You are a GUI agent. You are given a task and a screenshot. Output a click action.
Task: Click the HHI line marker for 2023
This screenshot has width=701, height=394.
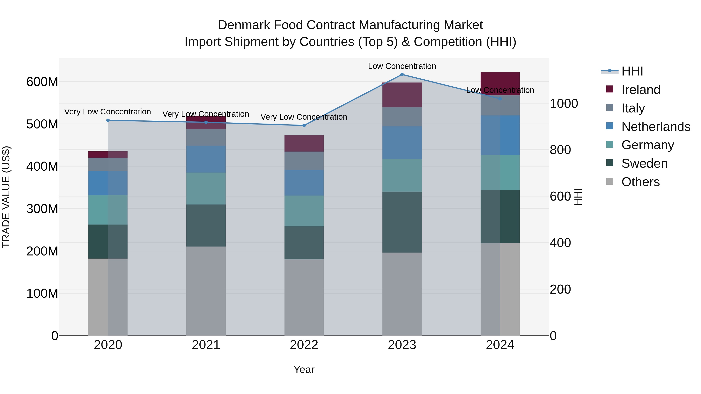[402, 75]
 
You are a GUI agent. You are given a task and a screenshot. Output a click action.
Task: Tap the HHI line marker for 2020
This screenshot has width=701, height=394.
[108, 120]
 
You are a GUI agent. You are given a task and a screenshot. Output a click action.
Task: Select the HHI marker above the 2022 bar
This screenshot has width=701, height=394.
[304, 125]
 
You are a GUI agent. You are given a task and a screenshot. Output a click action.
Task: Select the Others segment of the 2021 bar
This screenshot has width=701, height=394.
[206, 291]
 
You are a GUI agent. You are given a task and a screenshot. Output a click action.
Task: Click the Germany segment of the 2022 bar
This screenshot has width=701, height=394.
[304, 211]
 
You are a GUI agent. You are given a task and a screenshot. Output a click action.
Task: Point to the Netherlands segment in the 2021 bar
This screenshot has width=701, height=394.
[206, 159]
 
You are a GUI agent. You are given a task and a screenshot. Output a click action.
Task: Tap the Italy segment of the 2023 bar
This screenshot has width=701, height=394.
[402, 117]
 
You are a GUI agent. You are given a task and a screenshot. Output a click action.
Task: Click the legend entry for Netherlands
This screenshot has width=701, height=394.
[656, 127]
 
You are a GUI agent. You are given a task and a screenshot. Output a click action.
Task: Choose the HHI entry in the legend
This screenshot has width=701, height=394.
[632, 71]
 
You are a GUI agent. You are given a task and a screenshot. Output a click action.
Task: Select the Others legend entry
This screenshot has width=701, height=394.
[640, 182]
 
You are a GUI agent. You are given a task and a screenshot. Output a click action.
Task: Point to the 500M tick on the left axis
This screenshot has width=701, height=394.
[42, 124]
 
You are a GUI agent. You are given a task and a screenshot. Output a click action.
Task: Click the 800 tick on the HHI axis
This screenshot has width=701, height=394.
[560, 150]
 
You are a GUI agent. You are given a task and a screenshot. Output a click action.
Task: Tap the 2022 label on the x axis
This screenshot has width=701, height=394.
[304, 345]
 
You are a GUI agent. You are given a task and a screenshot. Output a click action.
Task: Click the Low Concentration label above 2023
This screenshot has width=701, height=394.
[402, 66]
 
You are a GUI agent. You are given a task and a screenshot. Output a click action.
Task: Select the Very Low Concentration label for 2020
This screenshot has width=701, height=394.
[107, 112]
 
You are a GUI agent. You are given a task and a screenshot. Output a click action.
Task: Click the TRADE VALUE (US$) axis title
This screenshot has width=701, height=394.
[6, 197]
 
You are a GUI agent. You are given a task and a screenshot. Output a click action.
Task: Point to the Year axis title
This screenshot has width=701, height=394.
[304, 369]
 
